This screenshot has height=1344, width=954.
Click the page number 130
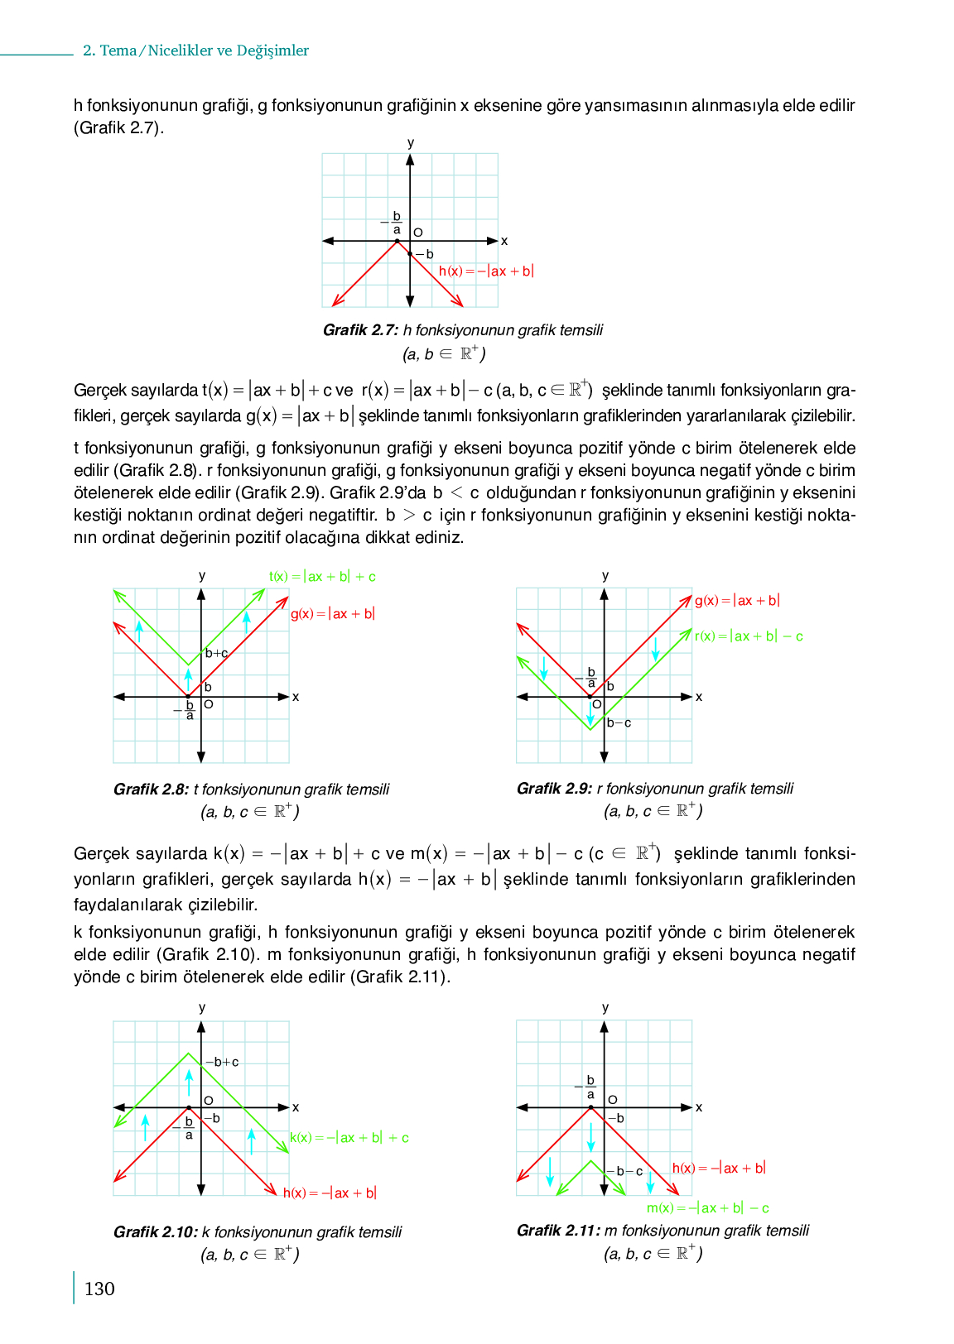click(99, 1289)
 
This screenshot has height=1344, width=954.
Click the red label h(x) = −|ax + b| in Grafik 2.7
click(486, 271)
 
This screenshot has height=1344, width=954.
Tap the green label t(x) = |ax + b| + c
click(322, 577)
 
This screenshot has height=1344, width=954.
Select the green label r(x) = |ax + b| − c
click(749, 636)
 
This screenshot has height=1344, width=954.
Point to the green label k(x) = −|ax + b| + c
click(349, 1138)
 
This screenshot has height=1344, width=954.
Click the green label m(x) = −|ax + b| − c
click(708, 1208)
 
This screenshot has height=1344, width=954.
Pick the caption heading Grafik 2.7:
click(360, 330)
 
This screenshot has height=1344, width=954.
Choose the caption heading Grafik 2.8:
click(151, 790)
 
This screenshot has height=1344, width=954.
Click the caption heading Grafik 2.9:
click(554, 789)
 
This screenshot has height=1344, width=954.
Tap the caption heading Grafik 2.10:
click(155, 1232)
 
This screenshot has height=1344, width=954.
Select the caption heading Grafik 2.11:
click(558, 1231)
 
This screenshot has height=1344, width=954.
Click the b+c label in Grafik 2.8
click(216, 653)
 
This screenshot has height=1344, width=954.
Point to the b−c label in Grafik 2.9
click(619, 722)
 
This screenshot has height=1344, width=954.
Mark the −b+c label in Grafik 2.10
click(222, 1062)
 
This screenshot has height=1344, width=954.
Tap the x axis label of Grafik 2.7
click(504, 242)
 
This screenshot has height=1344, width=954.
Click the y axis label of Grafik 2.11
click(605, 1007)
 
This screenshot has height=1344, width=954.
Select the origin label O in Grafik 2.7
click(418, 233)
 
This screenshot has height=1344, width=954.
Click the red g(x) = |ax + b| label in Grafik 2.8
click(333, 614)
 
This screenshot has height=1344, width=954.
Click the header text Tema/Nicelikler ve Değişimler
click(205, 50)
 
